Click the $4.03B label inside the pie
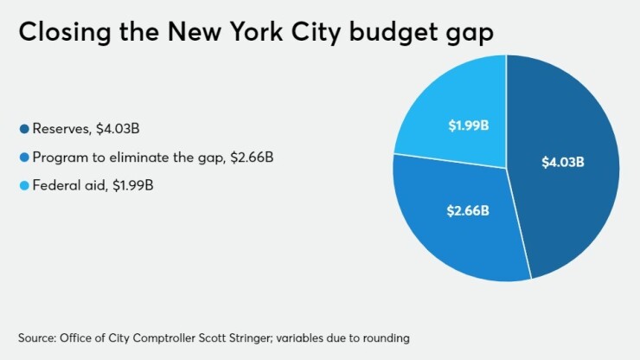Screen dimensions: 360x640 click(563, 162)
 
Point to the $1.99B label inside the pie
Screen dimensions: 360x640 click(468, 125)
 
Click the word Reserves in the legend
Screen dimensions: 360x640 click(58, 130)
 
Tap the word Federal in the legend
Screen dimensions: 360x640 click(55, 185)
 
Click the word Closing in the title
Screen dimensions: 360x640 click(60, 34)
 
